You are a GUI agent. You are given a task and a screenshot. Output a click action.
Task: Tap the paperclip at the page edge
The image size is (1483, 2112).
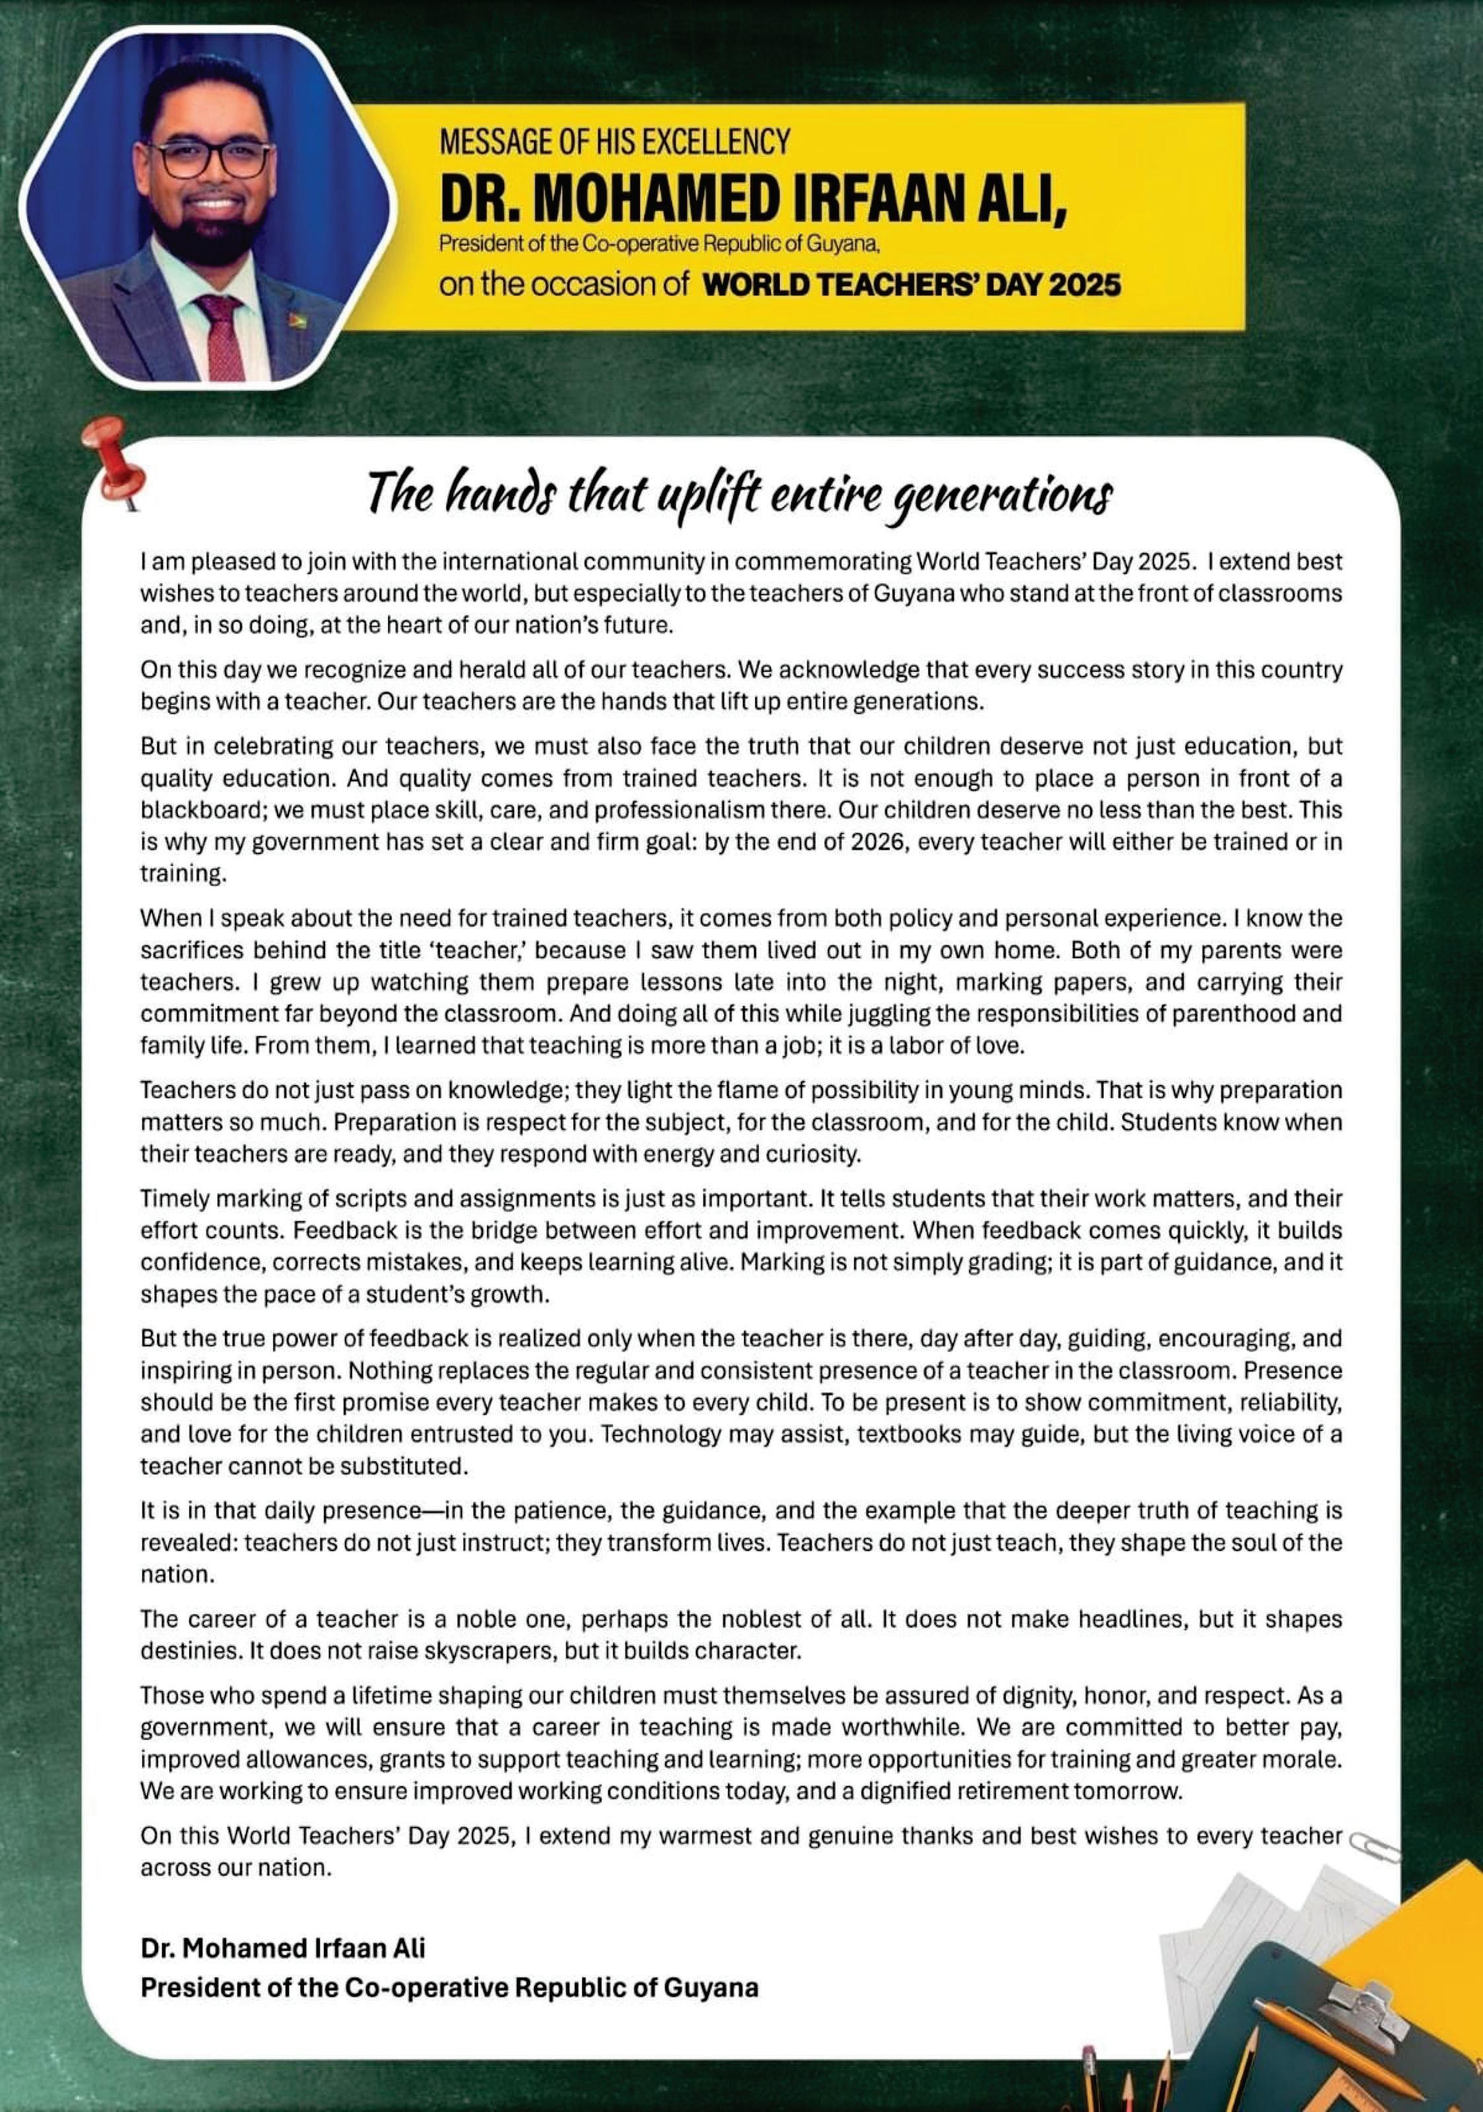pyautogui.click(x=1373, y=1843)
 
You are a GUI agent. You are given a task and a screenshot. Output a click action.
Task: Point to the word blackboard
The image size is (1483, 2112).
pyautogui.click(x=190, y=810)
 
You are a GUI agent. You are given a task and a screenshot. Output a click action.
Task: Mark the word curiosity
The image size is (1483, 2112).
pyautogui.click(x=814, y=1154)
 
